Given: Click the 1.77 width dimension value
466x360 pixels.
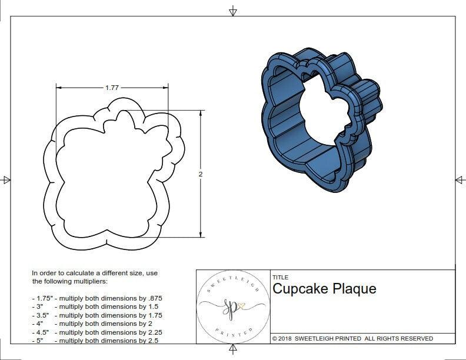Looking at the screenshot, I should click(112, 88).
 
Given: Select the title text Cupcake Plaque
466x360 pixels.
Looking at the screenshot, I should click(324, 289).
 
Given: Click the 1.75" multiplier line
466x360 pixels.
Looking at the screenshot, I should click(97, 298).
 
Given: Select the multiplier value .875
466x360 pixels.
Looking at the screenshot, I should click(152, 298).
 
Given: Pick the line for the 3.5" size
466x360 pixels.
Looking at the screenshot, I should click(97, 315).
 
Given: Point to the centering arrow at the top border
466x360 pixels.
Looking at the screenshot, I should click(233, 11).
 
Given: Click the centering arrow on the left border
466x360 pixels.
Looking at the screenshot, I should click(6, 180).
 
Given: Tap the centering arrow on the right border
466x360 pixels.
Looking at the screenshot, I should click(460, 180).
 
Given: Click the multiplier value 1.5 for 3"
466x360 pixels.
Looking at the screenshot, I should click(150, 306).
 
